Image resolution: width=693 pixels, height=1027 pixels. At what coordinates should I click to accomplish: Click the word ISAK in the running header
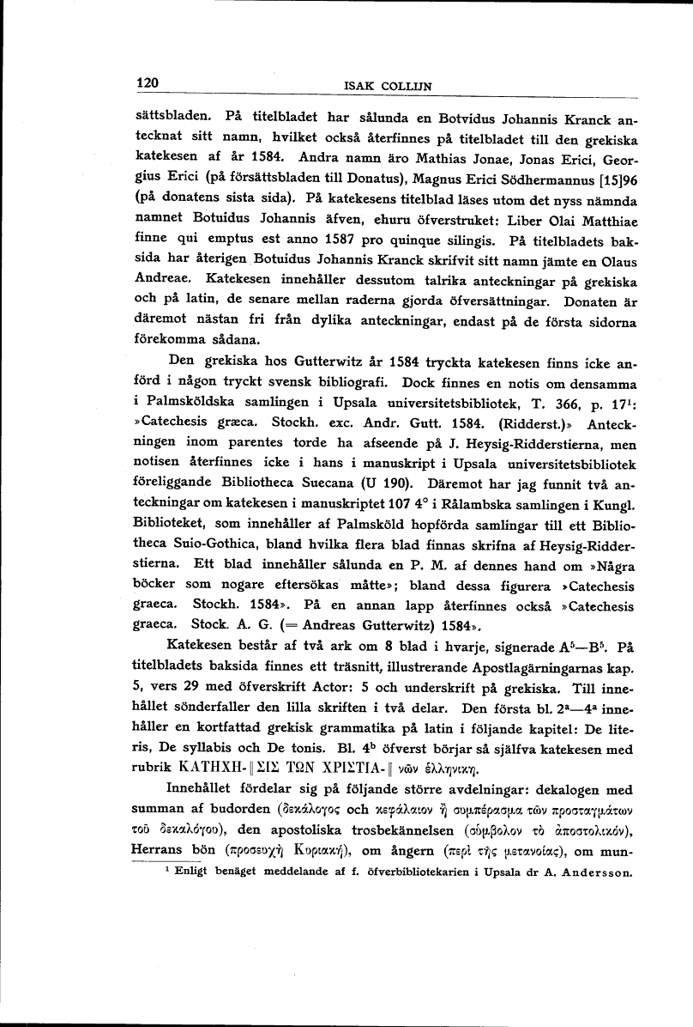click(356, 85)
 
